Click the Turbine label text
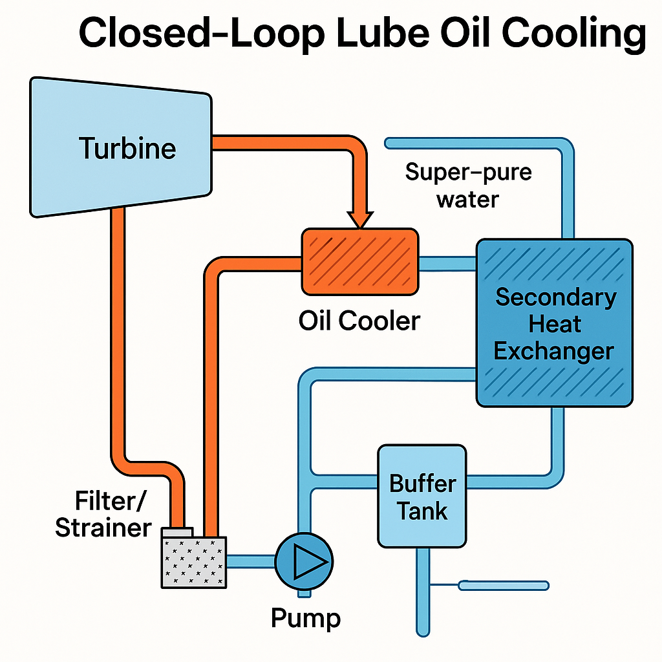coord(128,148)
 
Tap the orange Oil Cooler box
coord(359,261)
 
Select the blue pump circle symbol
coord(304,560)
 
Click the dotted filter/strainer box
coord(194,562)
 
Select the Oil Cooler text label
coord(359,320)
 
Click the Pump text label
coord(305,618)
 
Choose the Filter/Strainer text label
coord(103,515)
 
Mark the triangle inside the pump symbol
coord(302,560)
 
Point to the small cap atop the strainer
coord(176,531)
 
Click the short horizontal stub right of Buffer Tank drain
coord(504,586)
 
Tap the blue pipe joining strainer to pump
coord(251,560)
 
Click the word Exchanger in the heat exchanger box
coord(554,351)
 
